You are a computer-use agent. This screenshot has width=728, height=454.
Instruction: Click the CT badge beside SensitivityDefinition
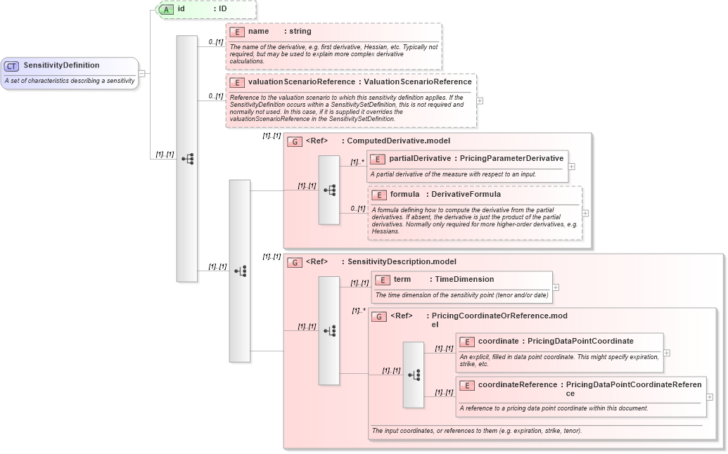(12, 66)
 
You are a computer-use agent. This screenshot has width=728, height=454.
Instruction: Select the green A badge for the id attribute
(166, 9)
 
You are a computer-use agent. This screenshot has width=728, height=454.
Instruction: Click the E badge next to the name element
(237, 32)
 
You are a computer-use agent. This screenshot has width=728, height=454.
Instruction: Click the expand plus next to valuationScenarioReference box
(480, 100)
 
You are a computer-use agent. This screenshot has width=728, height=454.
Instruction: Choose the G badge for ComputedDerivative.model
(295, 141)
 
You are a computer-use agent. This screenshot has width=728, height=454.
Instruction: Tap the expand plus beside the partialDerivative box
(571, 167)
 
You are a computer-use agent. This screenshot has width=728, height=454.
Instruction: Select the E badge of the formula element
(378, 195)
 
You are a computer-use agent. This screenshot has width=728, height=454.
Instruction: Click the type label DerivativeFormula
(466, 194)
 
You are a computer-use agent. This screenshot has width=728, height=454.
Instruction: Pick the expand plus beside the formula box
(585, 213)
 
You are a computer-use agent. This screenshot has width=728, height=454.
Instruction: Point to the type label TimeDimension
(464, 280)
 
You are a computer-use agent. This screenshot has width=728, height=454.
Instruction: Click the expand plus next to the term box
(556, 287)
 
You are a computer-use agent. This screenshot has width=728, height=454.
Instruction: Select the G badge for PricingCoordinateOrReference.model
(379, 316)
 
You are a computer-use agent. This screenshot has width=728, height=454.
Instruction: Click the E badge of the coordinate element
(466, 342)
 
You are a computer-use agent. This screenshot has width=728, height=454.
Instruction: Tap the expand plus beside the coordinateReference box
(710, 397)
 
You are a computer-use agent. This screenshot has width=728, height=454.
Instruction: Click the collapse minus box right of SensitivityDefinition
(141, 73)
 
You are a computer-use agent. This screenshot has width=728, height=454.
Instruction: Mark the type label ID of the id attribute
(222, 9)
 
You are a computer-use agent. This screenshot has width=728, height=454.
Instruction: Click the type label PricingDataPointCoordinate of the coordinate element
(580, 342)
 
